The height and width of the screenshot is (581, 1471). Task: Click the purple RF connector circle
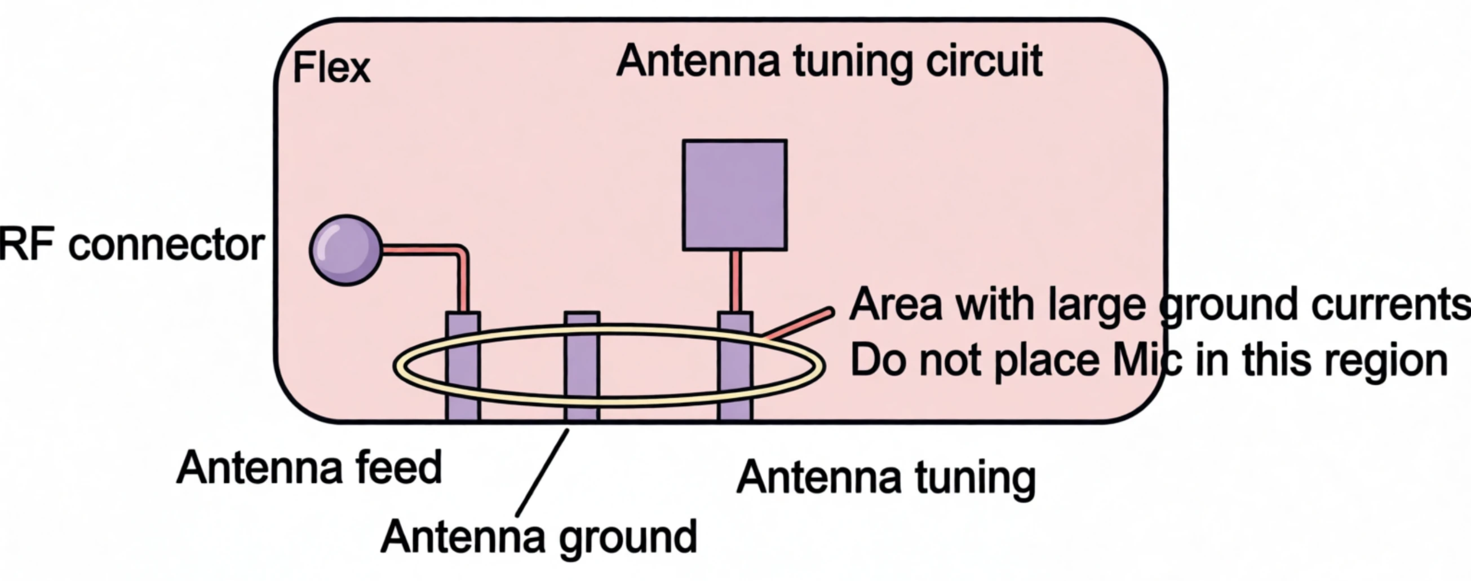click(345, 250)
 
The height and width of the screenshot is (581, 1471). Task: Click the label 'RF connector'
click(132, 245)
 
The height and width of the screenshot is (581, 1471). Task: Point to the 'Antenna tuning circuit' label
click(830, 61)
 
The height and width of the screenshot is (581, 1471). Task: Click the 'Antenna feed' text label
click(309, 468)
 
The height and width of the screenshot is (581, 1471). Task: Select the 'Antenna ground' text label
click(538, 537)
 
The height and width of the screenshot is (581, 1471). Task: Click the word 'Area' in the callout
click(896, 305)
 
